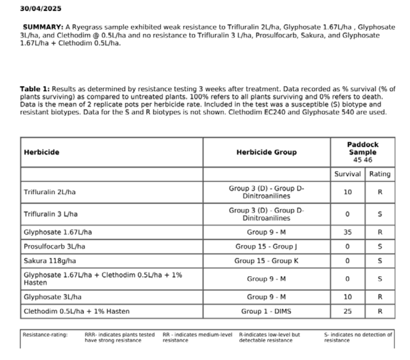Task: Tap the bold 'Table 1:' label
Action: pos(35,89)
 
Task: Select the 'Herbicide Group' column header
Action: pos(266,152)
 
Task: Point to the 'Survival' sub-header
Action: pos(348,174)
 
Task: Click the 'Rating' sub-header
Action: pos(380,174)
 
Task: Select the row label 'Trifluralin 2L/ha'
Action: pos(50,192)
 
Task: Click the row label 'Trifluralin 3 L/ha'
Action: pos(51,214)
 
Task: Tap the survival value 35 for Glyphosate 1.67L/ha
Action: pos(348,233)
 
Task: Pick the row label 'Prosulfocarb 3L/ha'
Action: pos(52,247)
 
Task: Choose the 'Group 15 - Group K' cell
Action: pos(266,261)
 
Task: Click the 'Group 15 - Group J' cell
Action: pos(266,247)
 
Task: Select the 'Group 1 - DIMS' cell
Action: pos(266,311)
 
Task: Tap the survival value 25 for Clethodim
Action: pos(348,311)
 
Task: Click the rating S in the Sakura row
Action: pos(380,261)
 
